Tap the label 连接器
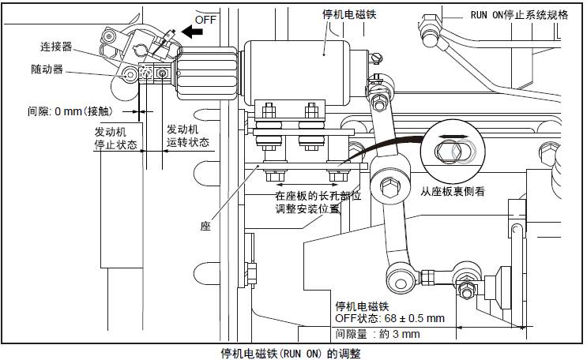pos(56,47)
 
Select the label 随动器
pos(56,69)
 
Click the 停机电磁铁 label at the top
pos(344,14)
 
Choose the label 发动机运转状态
pos(187,136)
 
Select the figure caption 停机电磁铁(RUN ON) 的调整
pos(293,353)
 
